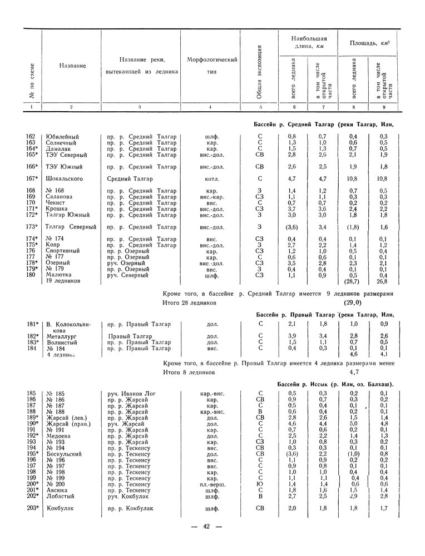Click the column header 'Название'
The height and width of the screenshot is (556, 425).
point(72,66)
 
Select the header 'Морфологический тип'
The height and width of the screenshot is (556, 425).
point(212,66)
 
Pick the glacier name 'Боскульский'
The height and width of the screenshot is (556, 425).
point(64,454)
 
